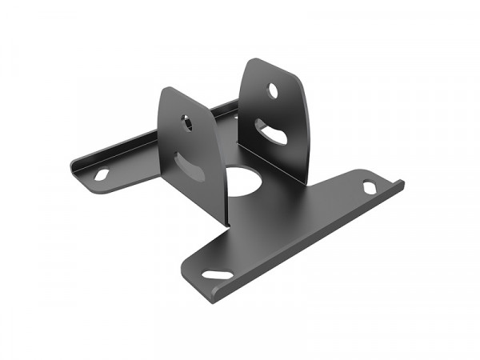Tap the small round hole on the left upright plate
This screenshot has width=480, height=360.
[186, 123]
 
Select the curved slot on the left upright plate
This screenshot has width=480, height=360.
[190, 166]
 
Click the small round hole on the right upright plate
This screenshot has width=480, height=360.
[273, 90]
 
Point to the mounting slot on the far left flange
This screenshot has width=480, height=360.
[102, 174]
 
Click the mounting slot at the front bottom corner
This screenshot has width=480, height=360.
[217, 274]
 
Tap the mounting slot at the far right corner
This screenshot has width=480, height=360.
[370, 186]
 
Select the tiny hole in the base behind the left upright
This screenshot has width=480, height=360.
[235, 118]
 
